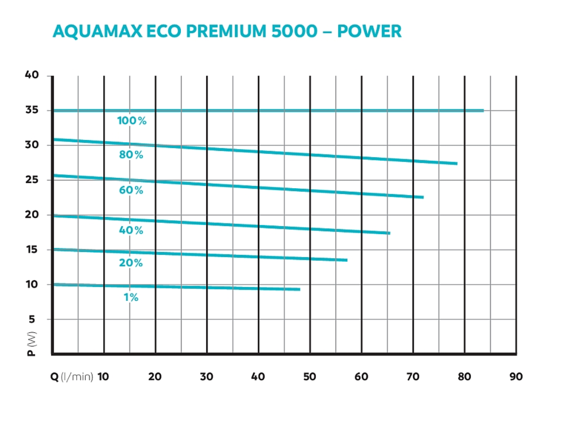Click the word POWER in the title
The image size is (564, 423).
369,31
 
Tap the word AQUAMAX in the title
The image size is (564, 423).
98,31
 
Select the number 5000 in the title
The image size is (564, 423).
294,31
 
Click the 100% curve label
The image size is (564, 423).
132,121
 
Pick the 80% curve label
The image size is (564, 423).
131,155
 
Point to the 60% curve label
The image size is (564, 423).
131,190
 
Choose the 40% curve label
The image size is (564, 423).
131,230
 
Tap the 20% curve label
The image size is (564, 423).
131,263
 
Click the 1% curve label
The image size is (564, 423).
131,297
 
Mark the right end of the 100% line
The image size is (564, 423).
483,111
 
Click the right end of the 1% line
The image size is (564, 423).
299,289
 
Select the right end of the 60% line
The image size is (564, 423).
423,197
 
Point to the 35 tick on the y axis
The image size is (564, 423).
32,110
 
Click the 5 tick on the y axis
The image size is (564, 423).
32,319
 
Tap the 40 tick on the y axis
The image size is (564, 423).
32,75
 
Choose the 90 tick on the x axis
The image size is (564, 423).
516,377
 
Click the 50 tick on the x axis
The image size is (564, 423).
309,377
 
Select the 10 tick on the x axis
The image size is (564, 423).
103,377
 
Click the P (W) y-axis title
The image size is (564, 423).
31,344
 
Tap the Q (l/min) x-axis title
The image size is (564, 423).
72,377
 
